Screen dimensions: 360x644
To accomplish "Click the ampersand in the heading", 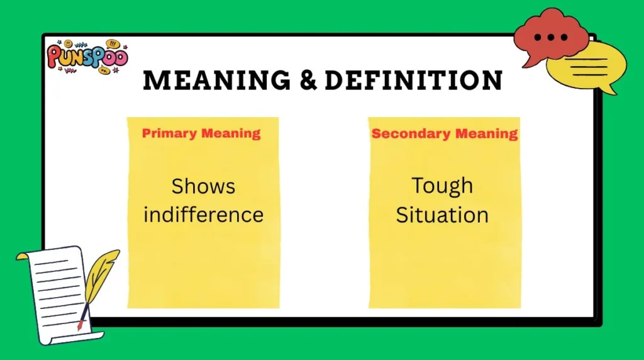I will pos(308,80).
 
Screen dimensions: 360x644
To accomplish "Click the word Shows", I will pos(203,186).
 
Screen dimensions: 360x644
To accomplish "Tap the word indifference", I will pos(203,215).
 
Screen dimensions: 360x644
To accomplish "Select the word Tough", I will pos(442,186).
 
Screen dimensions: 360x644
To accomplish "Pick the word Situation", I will pos(442,215).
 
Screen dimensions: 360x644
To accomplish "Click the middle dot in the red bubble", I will pos(551,37).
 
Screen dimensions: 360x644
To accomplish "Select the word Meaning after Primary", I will pos(231,133).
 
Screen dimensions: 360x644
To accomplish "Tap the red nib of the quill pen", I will pos(80,326).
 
